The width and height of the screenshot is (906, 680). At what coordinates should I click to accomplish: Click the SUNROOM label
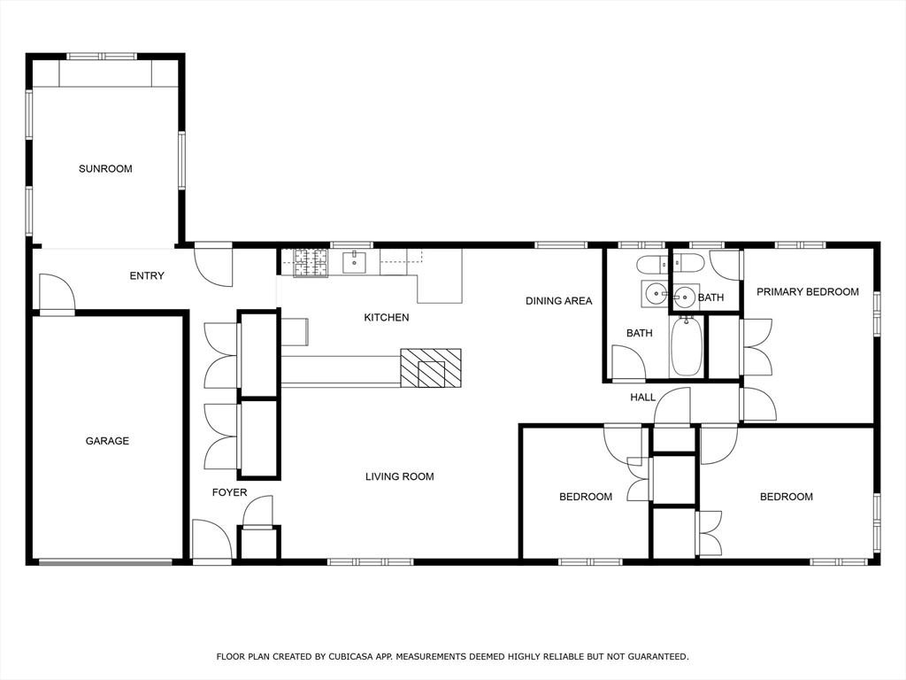(x=105, y=169)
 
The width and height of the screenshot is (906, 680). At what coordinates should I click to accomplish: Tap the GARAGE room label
(x=107, y=441)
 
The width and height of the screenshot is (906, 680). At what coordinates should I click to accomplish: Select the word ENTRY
(x=147, y=276)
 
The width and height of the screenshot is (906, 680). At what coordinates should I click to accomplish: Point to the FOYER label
(x=229, y=492)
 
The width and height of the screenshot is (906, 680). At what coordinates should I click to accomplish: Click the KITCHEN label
(x=387, y=318)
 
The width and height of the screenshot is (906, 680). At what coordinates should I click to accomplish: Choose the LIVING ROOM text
(x=399, y=476)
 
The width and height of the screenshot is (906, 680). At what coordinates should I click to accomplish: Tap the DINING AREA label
(x=559, y=301)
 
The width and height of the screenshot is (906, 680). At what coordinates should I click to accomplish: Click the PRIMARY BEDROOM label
(x=808, y=292)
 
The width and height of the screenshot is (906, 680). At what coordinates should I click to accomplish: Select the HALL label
(x=642, y=398)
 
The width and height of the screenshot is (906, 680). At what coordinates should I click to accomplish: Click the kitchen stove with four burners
(x=311, y=263)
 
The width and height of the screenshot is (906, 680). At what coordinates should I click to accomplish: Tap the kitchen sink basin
(x=354, y=262)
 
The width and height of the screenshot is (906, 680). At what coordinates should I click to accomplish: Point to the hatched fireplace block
(x=431, y=367)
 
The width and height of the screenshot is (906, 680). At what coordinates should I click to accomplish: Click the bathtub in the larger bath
(x=687, y=346)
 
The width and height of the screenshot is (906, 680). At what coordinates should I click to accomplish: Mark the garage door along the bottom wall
(x=105, y=560)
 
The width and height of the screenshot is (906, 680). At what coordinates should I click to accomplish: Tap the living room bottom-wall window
(x=371, y=561)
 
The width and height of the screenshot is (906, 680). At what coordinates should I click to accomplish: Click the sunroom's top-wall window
(x=102, y=56)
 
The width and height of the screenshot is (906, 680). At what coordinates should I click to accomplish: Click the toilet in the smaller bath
(x=687, y=264)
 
